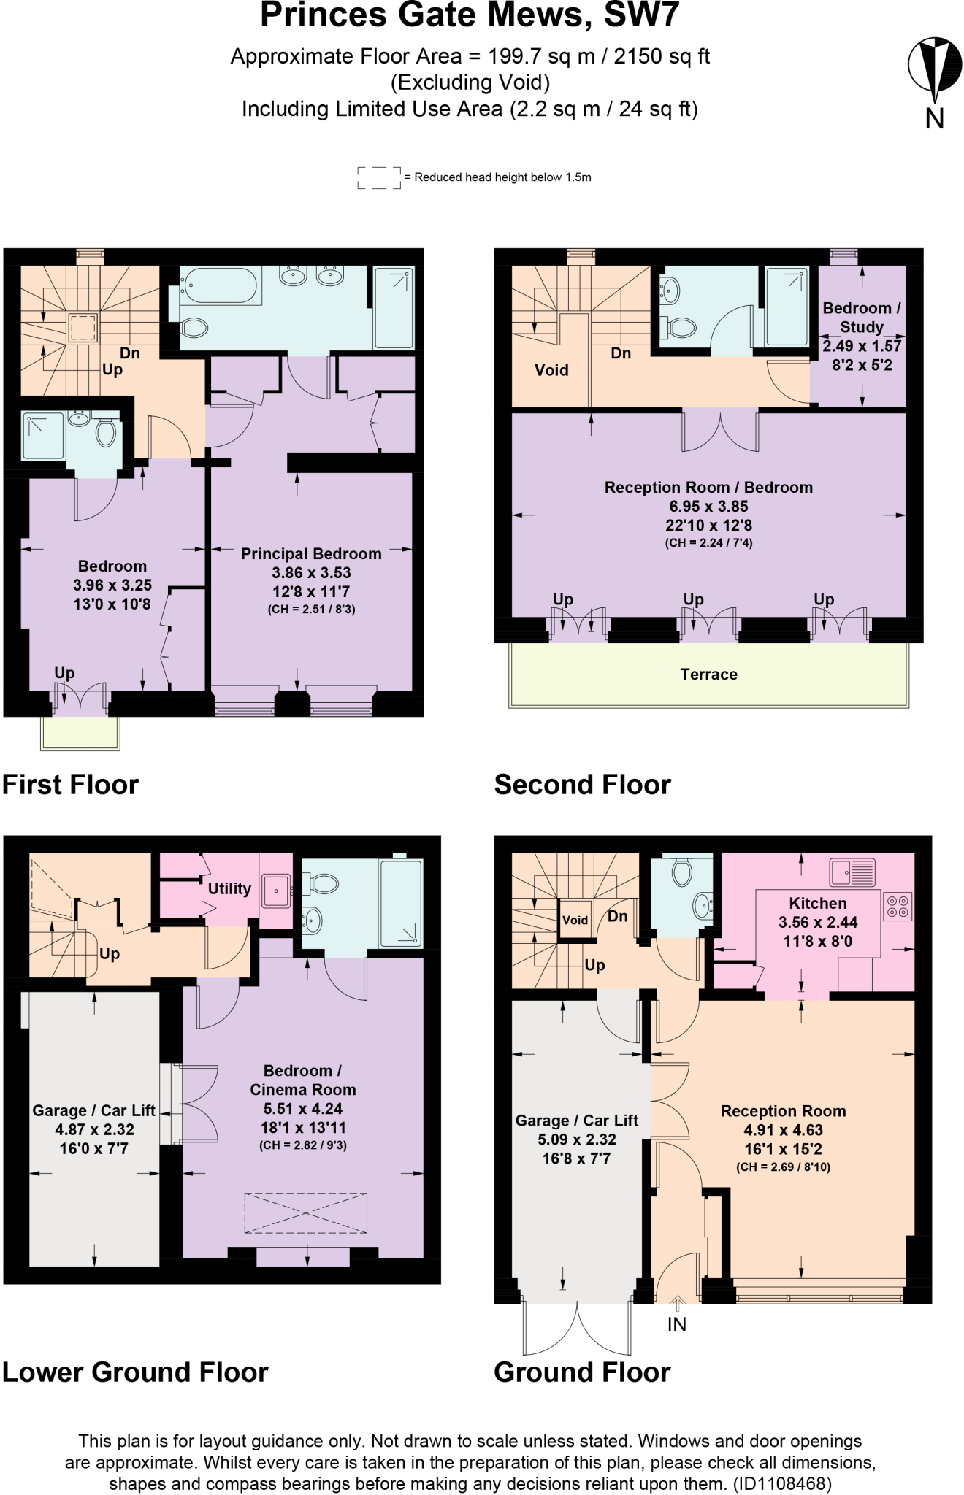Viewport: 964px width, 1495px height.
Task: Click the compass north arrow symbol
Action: [x=934, y=70]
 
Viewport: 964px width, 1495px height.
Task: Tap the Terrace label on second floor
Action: [x=708, y=675]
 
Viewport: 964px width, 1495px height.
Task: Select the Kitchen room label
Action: [x=817, y=903]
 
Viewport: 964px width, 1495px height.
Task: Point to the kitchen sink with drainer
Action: [x=852, y=872]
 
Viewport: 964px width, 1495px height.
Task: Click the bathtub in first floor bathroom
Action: [x=220, y=286]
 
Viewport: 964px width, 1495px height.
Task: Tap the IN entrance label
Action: [x=676, y=1324]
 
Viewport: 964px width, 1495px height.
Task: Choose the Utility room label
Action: [x=229, y=888]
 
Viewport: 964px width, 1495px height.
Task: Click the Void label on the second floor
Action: [x=551, y=370]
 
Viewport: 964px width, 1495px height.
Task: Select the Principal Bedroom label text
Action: [x=311, y=554]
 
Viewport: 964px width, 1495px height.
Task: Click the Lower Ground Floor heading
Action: [x=135, y=1372]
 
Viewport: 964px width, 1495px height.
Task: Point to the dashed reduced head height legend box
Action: [x=379, y=177]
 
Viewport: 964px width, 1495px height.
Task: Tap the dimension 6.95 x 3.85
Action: [x=708, y=506]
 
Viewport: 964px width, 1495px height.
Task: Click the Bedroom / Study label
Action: [x=862, y=318]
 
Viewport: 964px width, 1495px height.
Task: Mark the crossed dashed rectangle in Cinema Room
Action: [x=305, y=1213]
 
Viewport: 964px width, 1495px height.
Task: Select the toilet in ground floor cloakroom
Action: [x=681, y=872]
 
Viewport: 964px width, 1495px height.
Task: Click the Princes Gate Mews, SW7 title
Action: [x=470, y=16]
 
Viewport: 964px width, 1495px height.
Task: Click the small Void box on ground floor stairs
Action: [x=575, y=920]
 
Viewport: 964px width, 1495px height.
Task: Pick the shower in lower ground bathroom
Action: [x=401, y=904]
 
